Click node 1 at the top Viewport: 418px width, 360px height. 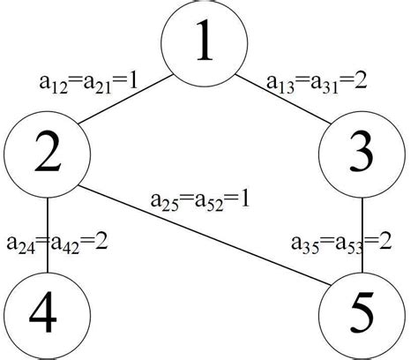[x=204, y=41]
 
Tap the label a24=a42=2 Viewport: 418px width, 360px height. [x=57, y=241]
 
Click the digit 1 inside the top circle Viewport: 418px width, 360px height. [x=204, y=41]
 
